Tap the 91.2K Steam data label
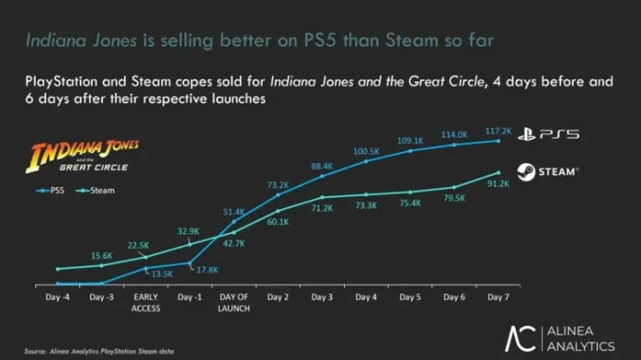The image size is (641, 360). pos(498,184)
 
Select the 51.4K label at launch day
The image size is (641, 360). pos(234,211)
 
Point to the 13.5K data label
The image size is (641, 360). pos(162,274)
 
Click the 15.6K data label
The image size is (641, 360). pos(102,256)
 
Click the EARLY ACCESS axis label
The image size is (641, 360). pos(146,301)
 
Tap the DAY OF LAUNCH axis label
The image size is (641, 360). pos(234,301)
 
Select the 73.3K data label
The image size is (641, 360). pos(366,206)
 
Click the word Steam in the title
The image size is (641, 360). pos(413,41)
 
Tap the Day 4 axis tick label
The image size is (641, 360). pos(366,296)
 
